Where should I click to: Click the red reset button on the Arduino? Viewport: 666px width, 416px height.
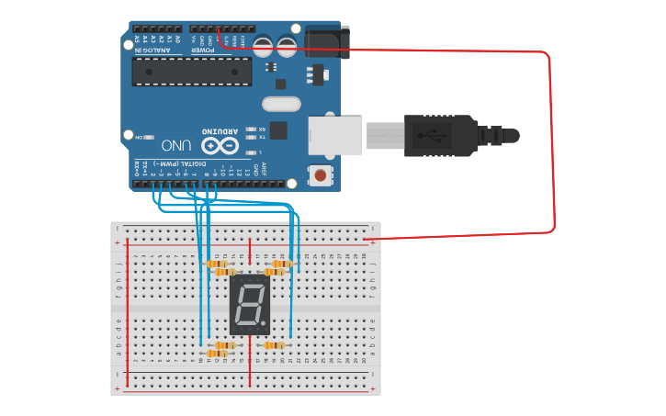click(x=320, y=174)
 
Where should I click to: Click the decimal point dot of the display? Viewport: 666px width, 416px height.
click(x=267, y=324)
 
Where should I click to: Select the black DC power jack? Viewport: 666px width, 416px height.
click(x=326, y=42)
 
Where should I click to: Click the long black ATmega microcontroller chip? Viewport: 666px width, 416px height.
click(x=191, y=72)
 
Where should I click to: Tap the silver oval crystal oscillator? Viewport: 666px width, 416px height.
click(x=281, y=105)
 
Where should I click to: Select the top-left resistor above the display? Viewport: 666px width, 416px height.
click(x=218, y=264)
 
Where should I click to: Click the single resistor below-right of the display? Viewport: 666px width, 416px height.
click(x=273, y=345)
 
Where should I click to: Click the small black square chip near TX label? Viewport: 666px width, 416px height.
click(x=278, y=129)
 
